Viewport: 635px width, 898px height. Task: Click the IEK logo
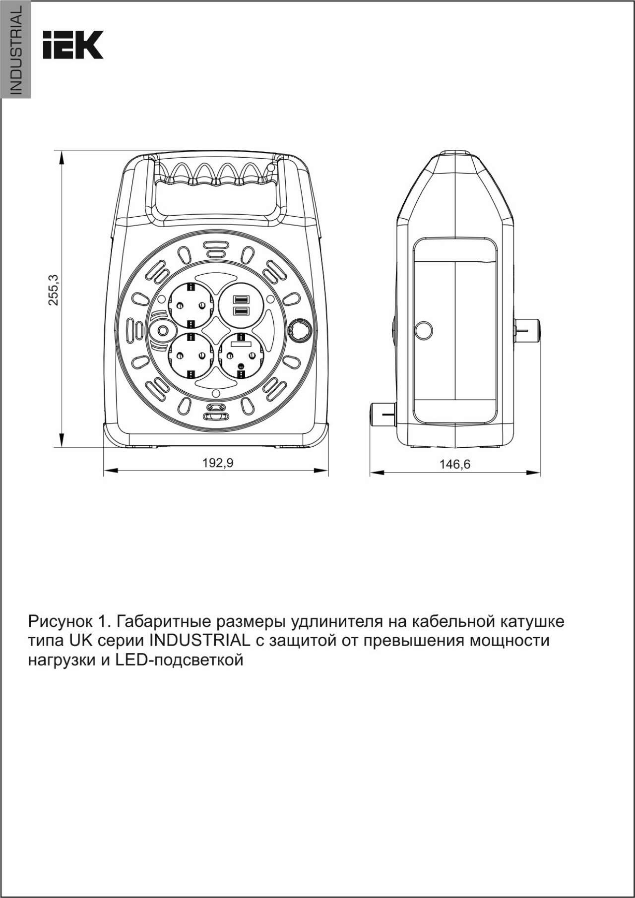(73, 45)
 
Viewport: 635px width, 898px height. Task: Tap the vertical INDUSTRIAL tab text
(16, 51)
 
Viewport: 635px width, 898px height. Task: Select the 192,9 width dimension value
(217, 463)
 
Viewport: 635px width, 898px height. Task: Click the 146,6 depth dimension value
(454, 464)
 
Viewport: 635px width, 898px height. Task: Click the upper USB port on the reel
(241, 299)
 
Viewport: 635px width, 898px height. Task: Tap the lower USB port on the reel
(241, 310)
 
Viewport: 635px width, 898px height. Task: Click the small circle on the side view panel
(423, 330)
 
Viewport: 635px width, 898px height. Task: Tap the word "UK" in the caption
(80, 641)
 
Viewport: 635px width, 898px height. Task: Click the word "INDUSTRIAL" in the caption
(199, 641)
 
